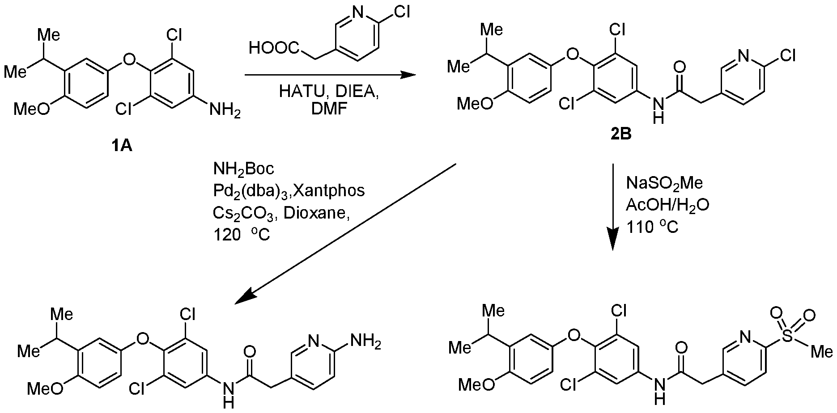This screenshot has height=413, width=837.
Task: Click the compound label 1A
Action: click(x=122, y=145)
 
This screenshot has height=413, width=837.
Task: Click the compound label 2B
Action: click(x=621, y=134)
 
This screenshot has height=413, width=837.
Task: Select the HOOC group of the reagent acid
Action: click(x=272, y=47)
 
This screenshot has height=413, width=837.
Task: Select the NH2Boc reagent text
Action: click(x=244, y=170)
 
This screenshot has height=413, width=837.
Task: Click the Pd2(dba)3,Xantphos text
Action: click(x=289, y=191)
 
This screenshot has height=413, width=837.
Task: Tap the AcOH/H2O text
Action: click(x=667, y=205)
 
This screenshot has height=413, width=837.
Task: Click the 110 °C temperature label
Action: click(x=652, y=227)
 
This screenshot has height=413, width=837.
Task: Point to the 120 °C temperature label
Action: click(x=242, y=234)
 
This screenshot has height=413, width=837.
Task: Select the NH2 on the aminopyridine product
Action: click(x=366, y=343)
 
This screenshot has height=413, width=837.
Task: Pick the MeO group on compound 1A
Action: click(x=32, y=109)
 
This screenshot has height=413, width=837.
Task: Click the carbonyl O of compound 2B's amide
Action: click(x=679, y=68)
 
